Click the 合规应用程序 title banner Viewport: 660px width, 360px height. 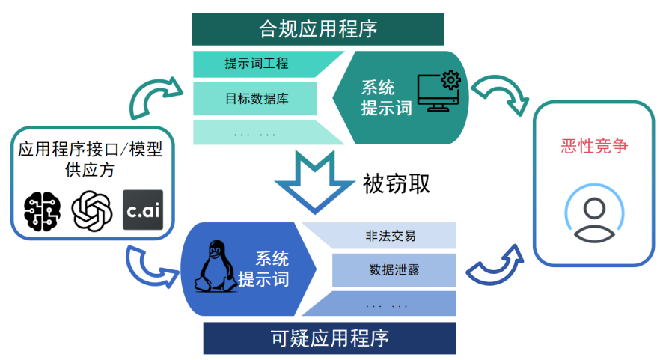(x=318, y=29)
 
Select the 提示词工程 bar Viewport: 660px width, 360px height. (x=257, y=64)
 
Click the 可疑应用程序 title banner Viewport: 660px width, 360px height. (x=329, y=338)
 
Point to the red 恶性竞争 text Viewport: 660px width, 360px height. (x=594, y=145)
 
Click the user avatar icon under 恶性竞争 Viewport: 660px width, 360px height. (x=594, y=217)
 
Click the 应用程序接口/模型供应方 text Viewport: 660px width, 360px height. (x=90, y=159)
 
